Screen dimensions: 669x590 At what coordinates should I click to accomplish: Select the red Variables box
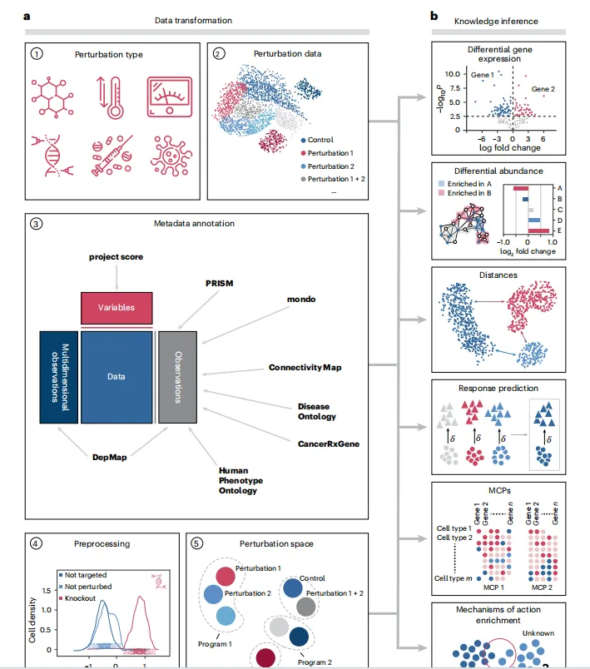[116, 308]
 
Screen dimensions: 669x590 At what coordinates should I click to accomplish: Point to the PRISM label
[219, 282]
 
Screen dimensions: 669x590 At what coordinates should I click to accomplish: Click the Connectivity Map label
[305, 367]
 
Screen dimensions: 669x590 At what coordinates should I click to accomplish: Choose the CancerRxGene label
[328, 444]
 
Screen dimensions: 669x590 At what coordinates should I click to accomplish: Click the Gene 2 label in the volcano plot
[544, 87]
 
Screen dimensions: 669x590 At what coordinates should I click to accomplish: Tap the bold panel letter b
[434, 17]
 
